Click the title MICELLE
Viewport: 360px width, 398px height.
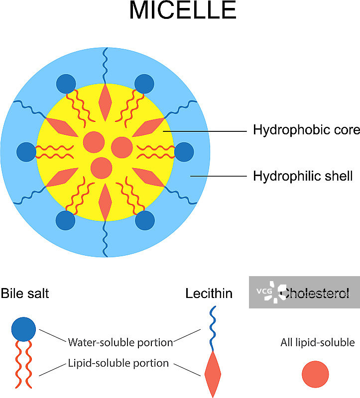182,11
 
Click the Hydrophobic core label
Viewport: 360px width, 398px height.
306,131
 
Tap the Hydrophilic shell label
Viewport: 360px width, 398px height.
303,176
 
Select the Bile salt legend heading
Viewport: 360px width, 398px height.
25,294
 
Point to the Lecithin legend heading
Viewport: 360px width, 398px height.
209,294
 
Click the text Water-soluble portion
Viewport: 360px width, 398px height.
120,342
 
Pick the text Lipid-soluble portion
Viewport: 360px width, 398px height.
118,364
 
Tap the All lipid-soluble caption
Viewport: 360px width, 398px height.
317,342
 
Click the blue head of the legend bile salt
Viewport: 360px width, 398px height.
23,329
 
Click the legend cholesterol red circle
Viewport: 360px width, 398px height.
315,374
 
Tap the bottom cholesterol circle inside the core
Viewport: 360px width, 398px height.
101,168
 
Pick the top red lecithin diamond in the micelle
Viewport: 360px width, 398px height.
105,101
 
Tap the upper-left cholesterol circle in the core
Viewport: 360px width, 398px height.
93,142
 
